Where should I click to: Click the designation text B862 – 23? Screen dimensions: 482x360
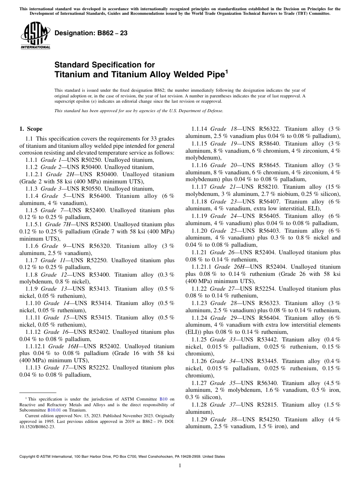(91, 33)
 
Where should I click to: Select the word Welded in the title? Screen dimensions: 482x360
(188, 75)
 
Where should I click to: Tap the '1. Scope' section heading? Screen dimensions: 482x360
(31, 129)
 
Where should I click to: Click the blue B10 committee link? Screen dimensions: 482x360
(163, 399)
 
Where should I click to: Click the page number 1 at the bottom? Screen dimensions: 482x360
(180, 466)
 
